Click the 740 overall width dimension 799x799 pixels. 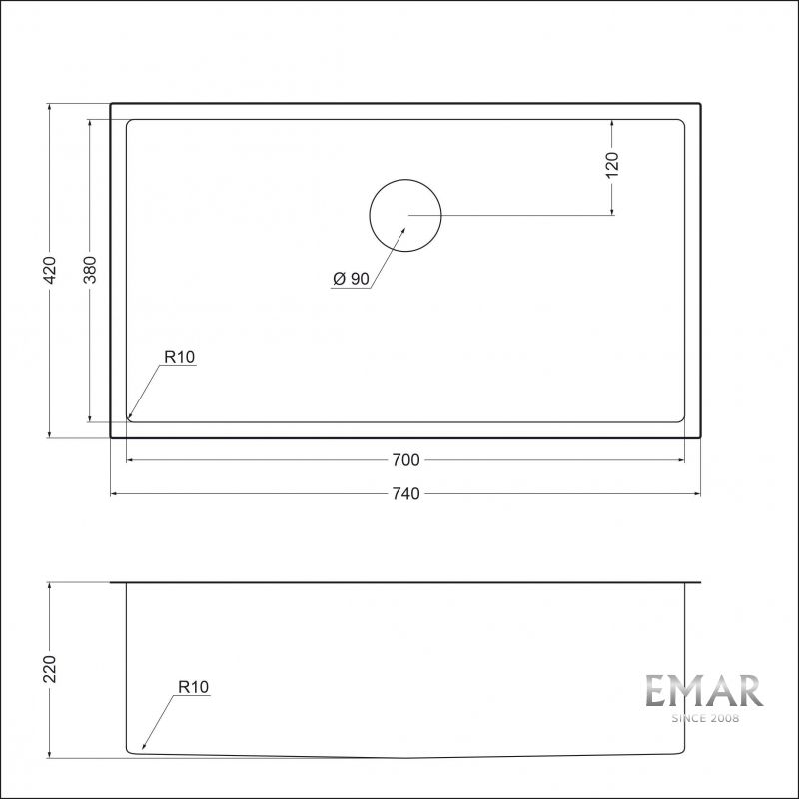[x=405, y=493]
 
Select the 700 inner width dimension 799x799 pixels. [x=405, y=460]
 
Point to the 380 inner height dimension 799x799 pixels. [x=90, y=270]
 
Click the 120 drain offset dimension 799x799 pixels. [x=612, y=164]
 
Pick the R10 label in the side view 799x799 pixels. [x=192, y=687]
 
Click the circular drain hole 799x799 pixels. [x=405, y=215]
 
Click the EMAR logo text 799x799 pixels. [x=703, y=691]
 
